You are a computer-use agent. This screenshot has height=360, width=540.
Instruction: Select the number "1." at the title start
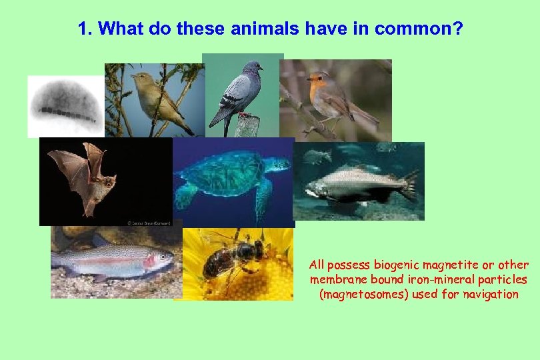point(85,29)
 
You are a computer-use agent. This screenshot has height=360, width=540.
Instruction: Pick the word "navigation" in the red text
point(493,294)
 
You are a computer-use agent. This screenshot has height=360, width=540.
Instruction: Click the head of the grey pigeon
point(251,67)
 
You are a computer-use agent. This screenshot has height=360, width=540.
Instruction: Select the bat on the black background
point(87,177)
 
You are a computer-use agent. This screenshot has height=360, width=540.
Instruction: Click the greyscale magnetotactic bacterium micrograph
point(65,106)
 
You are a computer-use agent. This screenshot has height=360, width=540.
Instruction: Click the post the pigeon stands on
point(247,126)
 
